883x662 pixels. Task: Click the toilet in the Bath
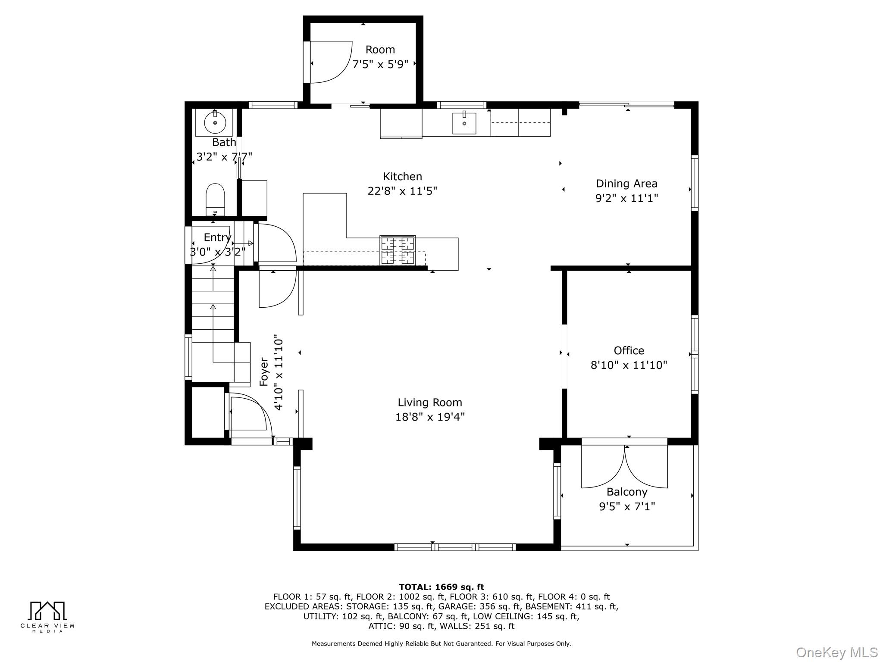(215, 199)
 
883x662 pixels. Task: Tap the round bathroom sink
(215, 122)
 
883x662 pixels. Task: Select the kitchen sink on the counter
(464, 123)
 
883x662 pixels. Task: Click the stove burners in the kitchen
(398, 250)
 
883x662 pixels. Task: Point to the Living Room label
(430, 403)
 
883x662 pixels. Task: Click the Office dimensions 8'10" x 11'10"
(629, 365)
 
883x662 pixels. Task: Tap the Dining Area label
(626, 184)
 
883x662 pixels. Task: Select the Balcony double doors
(625, 466)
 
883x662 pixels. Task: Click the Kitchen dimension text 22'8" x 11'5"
(402, 191)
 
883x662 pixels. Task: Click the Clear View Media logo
(47, 617)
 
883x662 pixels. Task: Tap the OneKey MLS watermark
(837, 653)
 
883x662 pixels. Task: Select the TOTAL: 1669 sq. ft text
(441, 587)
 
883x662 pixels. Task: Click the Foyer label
(264, 372)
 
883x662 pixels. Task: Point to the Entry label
(217, 237)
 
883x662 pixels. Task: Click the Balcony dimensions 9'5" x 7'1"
(627, 506)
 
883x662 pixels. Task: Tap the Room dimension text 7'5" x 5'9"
(380, 65)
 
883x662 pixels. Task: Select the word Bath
(224, 142)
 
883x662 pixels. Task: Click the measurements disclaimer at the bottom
(441, 643)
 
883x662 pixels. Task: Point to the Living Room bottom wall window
(455, 547)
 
